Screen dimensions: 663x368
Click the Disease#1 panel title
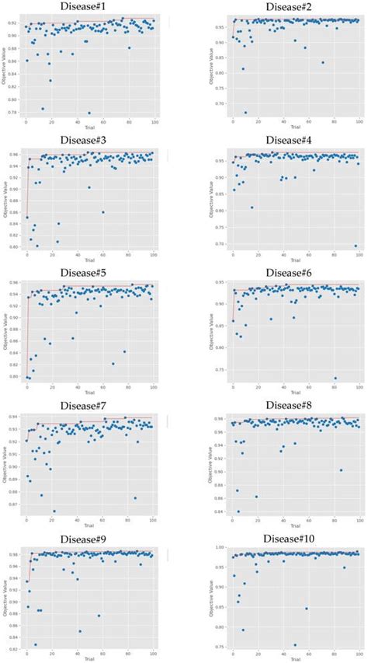click(89, 6)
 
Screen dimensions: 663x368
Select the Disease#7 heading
click(89, 405)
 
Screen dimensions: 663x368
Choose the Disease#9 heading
click(89, 538)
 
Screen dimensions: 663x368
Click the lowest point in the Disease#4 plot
click(356, 246)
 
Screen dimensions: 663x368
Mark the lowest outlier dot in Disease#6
click(335, 379)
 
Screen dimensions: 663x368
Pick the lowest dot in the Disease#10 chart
click(295, 644)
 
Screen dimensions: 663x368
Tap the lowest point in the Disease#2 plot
click(245, 112)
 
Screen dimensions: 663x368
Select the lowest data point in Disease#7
click(54, 511)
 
